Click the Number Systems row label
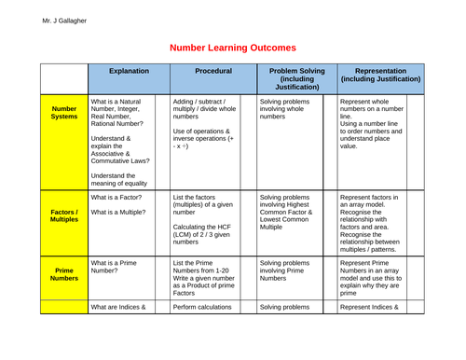pos(64,113)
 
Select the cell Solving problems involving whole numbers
pos(285,108)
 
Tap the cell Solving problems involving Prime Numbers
pos(285,270)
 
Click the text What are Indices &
pos(118,306)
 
